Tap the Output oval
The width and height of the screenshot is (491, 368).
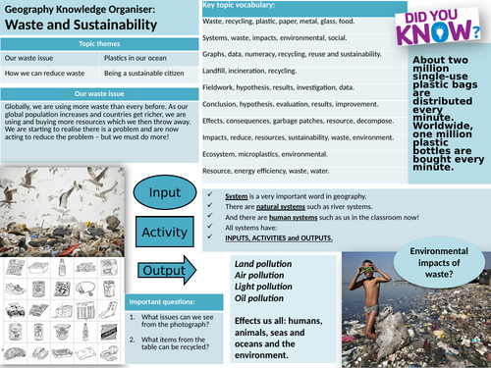[x=161, y=270]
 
